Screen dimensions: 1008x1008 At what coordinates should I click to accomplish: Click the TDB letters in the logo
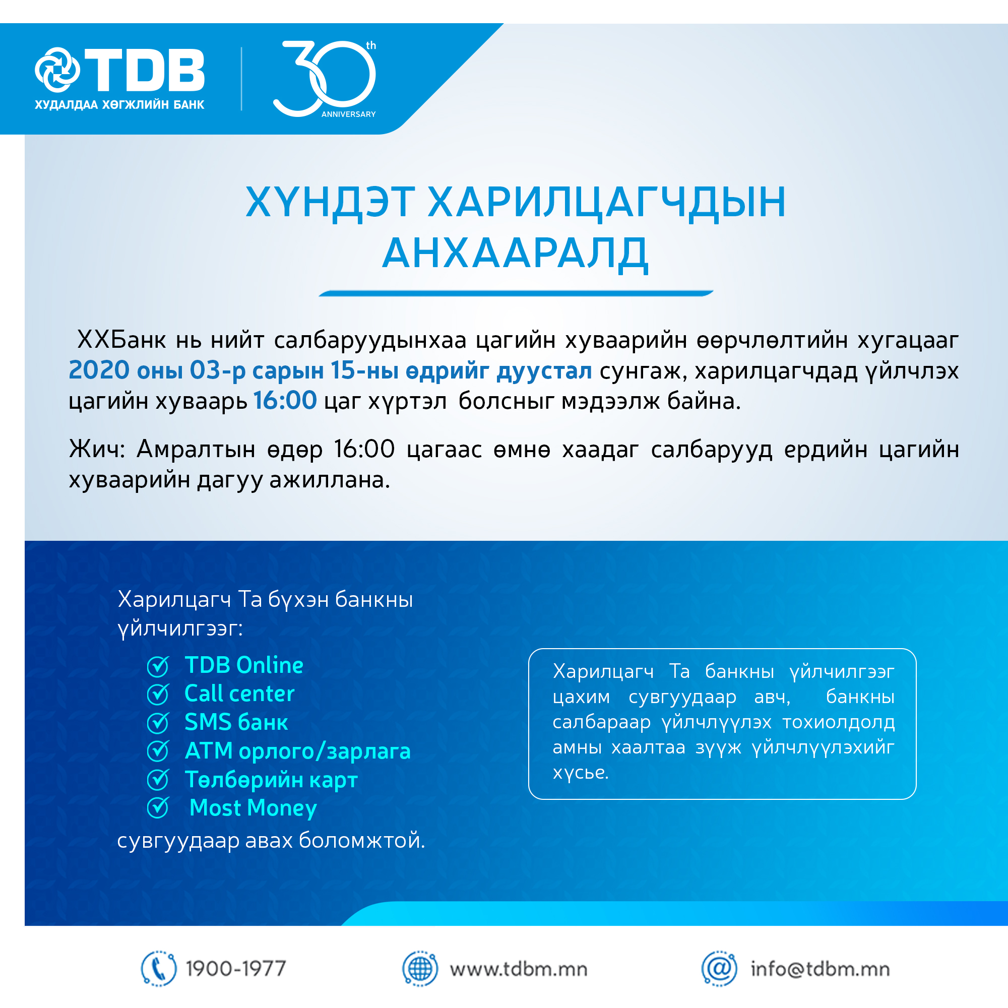[x=145, y=71]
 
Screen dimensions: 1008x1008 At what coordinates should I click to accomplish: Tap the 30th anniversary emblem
[x=325, y=78]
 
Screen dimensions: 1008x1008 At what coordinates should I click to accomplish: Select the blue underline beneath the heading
[x=516, y=293]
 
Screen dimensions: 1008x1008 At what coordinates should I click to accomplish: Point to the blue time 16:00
[x=285, y=401]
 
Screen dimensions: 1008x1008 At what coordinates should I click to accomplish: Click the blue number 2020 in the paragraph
[x=99, y=370]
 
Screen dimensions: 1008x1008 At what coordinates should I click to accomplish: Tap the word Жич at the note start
[x=97, y=449]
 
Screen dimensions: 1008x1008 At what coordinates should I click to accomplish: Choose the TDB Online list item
[x=243, y=665]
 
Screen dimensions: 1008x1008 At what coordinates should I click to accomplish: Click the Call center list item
[x=239, y=694]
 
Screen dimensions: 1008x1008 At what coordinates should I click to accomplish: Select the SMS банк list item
[x=236, y=723]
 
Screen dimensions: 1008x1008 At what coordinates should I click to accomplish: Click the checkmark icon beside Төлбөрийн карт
[x=158, y=780]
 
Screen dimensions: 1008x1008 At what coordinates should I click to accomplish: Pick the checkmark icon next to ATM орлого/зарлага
[x=158, y=751]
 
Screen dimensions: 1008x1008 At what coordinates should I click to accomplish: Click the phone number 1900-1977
[x=236, y=969]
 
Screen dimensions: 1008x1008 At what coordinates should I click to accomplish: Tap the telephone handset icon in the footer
[x=159, y=969]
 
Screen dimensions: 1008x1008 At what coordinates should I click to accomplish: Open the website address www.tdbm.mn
[x=519, y=969]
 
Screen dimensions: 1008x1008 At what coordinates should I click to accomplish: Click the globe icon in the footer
[x=420, y=969]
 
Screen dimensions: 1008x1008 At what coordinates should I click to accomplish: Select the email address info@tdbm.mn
[x=820, y=969]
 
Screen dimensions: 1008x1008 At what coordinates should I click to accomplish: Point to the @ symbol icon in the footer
[x=720, y=969]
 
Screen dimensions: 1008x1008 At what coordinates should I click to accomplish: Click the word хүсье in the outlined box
[x=581, y=773]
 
